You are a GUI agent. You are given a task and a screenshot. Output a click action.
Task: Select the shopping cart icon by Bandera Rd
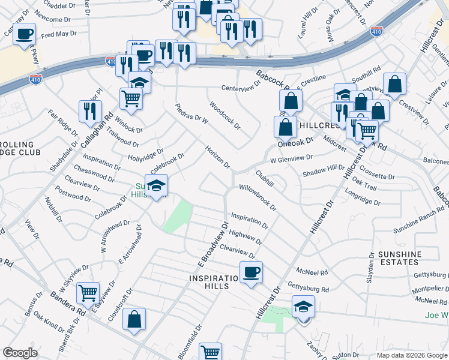[x=88, y=293]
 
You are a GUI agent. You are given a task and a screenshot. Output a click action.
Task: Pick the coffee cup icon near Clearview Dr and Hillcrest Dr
[x=251, y=272]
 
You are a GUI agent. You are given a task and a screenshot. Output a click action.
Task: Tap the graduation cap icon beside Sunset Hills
[x=156, y=187]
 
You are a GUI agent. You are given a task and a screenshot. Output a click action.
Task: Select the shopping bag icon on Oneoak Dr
[x=285, y=127]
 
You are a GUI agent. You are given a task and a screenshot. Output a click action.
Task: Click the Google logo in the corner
[x=20, y=353]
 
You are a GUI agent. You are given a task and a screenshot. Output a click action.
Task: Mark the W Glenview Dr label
[x=291, y=158]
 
